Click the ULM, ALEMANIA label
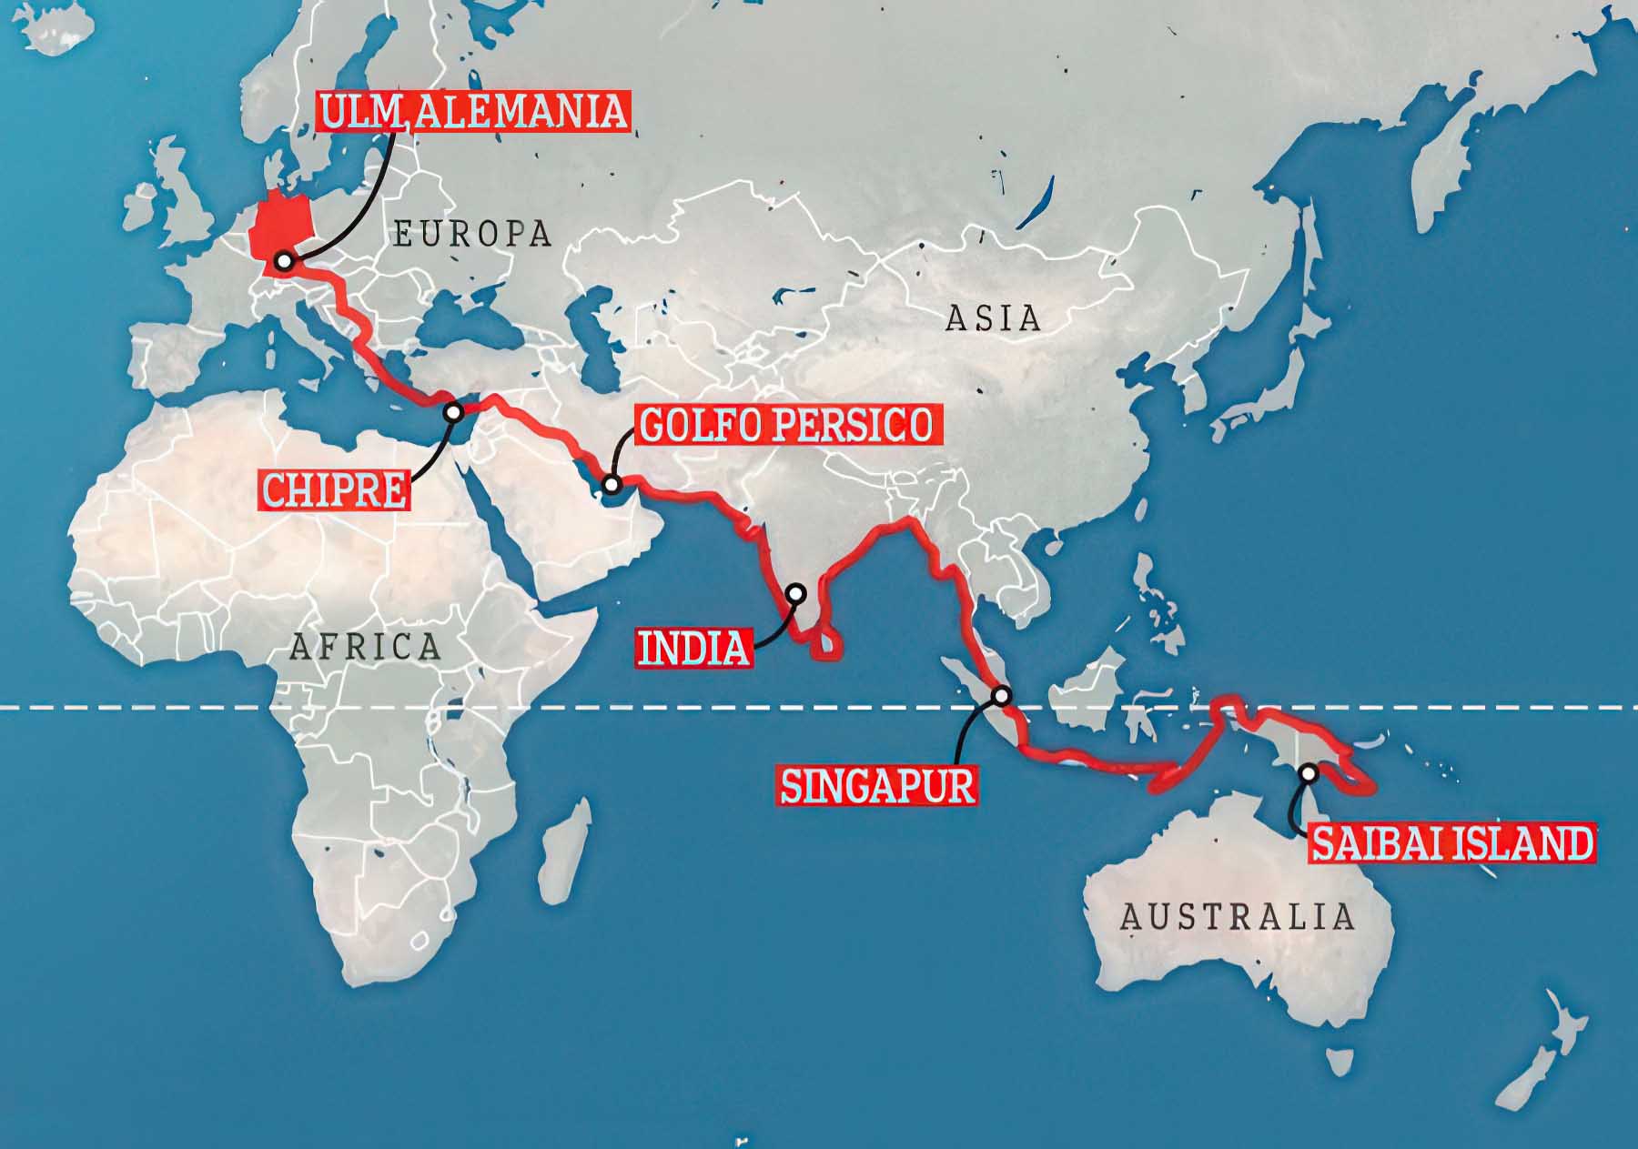tap(473, 111)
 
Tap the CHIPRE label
tap(335, 490)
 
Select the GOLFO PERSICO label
tap(785, 425)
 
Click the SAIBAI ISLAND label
tap(1451, 843)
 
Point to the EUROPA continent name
tap(472, 234)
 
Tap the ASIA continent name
tap(993, 318)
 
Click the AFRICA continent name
tap(365, 647)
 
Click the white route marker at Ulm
tap(284, 262)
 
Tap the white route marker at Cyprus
tap(452, 412)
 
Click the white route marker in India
tap(796, 594)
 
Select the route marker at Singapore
tap(1002, 696)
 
